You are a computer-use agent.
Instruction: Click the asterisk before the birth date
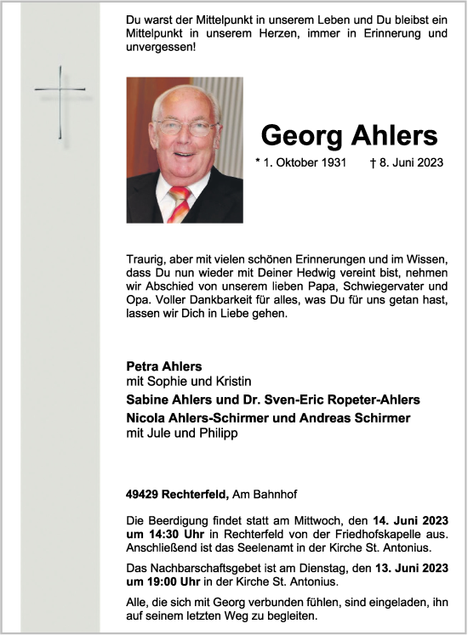pyautogui.click(x=258, y=161)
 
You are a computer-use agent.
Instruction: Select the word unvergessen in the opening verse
pyautogui.click(x=157, y=48)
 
